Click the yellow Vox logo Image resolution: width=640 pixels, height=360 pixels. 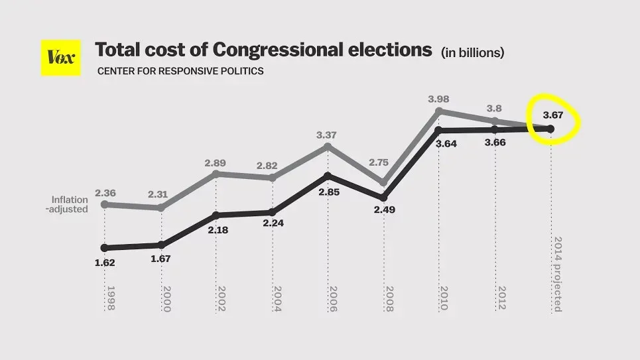coord(60,58)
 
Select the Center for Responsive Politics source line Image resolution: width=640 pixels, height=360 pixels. coord(180,71)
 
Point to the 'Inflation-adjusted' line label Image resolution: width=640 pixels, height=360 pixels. coord(70,204)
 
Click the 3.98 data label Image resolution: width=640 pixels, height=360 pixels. coord(438,99)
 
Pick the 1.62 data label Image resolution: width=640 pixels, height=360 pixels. coord(105,263)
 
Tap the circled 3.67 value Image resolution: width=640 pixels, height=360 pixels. coord(553,115)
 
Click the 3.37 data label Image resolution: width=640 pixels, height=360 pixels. coord(326,135)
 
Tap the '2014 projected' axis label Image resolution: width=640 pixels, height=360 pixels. coord(557,274)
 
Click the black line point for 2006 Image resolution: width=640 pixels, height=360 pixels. coord(327,176)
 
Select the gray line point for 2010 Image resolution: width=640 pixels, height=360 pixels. coord(438,111)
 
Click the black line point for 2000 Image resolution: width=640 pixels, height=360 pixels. coord(162,245)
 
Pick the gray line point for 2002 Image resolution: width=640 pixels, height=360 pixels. coord(216,174)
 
